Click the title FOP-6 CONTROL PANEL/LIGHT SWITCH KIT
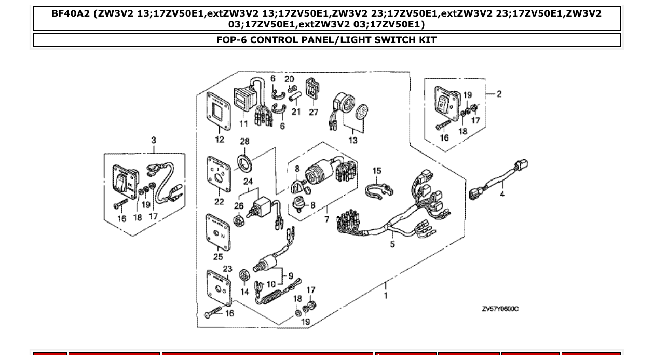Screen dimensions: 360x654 (326, 40)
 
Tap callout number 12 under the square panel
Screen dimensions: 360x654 (219, 139)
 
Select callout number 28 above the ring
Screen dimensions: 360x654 (244, 142)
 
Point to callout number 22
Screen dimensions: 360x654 (219, 202)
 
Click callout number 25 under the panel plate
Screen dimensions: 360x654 (218, 256)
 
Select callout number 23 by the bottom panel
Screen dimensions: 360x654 (227, 269)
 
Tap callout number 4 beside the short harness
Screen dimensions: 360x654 (502, 195)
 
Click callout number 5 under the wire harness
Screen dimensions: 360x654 (392, 244)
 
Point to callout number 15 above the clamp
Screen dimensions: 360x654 (377, 171)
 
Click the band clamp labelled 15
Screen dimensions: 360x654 (377, 190)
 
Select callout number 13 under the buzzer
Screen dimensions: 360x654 (353, 140)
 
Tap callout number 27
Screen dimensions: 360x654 (314, 112)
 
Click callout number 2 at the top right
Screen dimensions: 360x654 (499, 94)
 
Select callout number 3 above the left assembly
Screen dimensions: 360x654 (154, 140)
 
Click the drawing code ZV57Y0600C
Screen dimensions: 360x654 (500, 309)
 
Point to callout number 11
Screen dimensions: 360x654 (244, 123)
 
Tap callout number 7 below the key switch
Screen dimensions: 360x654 (326, 219)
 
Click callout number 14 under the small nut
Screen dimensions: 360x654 (244, 292)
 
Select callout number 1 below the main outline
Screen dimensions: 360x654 (386, 296)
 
